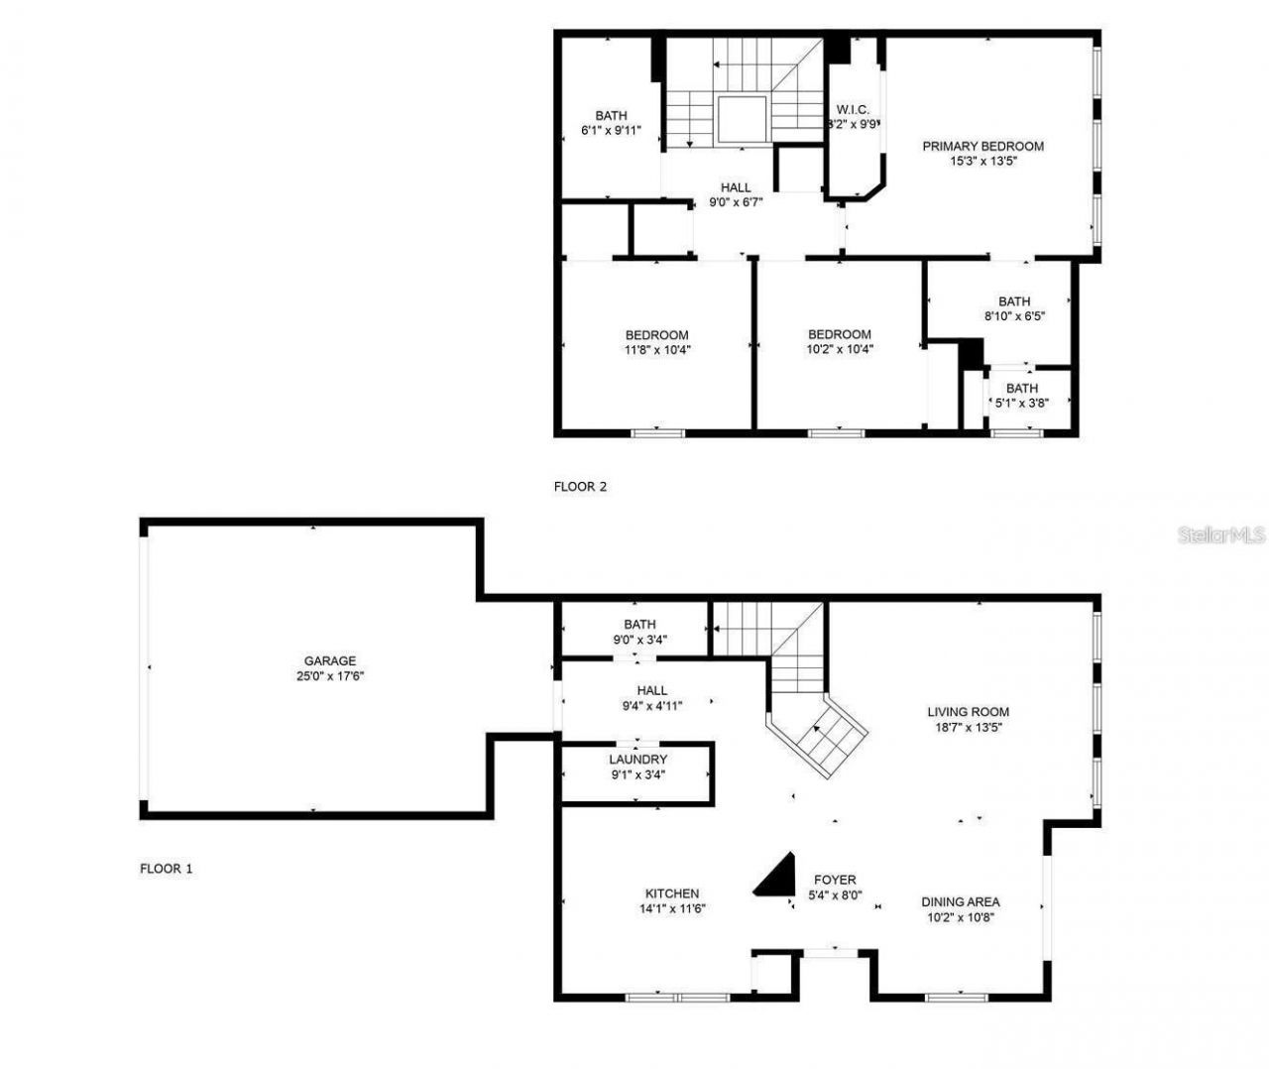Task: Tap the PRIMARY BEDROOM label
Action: point(982,146)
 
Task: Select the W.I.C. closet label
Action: point(853,109)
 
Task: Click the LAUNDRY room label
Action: point(637,760)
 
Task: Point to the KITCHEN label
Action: point(672,893)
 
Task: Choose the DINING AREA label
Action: point(960,902)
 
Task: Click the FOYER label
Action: point(835,880)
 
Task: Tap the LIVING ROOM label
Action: point(968,712)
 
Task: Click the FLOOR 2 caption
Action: point(580,487)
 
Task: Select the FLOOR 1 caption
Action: point(166,869)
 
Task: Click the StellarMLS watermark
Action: point(1221,535)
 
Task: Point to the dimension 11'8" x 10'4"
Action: point(656,349)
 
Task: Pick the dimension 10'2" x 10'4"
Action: point(839,349)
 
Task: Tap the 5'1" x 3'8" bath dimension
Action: point(1021,403)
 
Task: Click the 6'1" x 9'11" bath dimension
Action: point(611,130)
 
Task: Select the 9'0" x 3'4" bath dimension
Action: point(639,640)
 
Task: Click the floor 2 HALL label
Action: point(736,187)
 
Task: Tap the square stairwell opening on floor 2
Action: point(742,120)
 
